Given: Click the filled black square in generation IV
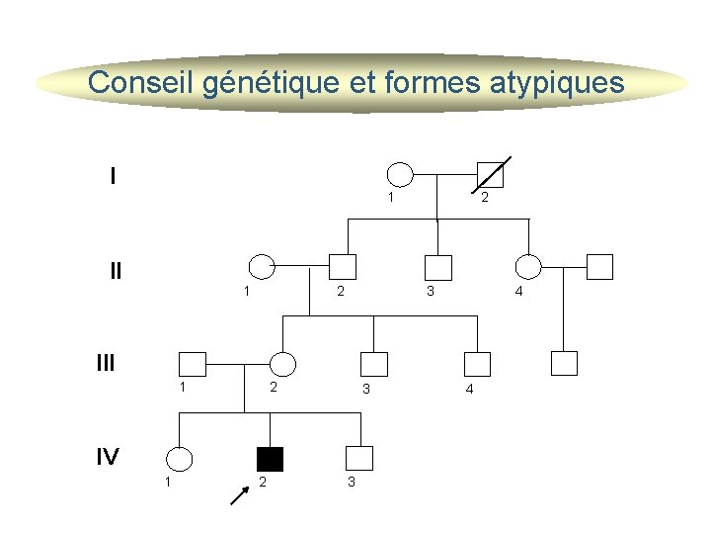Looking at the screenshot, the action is (x=270, y=459).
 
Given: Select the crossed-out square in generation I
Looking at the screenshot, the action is (x=490, y=175).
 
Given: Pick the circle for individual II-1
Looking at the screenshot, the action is (x=261, y=266).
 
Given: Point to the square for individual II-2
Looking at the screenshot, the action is (x=343, y=267).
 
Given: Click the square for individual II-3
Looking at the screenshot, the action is (x=437, y=267).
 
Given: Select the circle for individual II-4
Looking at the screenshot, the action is (x=529, y=267).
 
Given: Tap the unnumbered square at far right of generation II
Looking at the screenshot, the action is (x=599, y=267).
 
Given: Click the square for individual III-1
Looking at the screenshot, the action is (x=192, y=364).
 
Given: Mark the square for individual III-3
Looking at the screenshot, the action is (x=375, y=364).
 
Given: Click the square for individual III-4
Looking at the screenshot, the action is (x=478, y=364).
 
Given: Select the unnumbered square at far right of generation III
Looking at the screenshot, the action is (x=564, y=364).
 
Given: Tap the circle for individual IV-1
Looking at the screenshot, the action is (x=179, y=459).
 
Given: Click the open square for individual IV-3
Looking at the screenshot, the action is (x=359, y=459).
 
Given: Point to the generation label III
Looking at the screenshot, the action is (x=106, y=363).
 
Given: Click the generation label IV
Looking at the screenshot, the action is (x=108, y=456).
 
